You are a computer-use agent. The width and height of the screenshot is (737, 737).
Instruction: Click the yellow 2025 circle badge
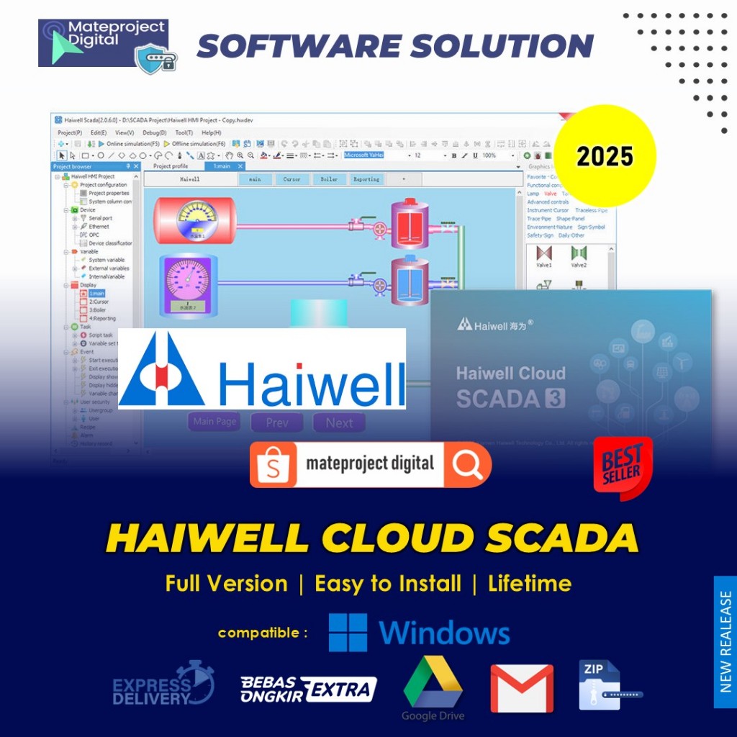[x=605, y=156]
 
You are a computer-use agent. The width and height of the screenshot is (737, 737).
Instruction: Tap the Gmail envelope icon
[x=522, y=689]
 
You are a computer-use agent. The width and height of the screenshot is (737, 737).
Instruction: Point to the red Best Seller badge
[x=622, y=468]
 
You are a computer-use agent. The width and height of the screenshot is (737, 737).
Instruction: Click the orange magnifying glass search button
[x=468, y=465]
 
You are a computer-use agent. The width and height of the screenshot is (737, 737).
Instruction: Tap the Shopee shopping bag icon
[x=274, y=465]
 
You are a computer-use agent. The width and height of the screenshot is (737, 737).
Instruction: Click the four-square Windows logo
[x=348, y=633]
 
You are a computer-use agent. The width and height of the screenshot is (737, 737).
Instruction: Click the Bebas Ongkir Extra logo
[x=309, y=689]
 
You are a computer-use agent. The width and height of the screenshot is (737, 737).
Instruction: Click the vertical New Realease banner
[x=725, y=641]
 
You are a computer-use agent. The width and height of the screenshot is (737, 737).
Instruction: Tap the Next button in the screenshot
[x=339, y=422]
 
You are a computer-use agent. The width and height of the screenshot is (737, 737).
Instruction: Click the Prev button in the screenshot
[x=277, y=422]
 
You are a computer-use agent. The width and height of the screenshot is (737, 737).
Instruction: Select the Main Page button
[x=214, y=422]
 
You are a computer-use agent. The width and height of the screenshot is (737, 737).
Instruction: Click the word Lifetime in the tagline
[x=530, y=583]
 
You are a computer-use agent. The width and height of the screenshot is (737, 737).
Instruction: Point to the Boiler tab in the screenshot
[x=329, y=179]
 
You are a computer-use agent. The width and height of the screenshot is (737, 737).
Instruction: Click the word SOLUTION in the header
[x=502, y=46]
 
